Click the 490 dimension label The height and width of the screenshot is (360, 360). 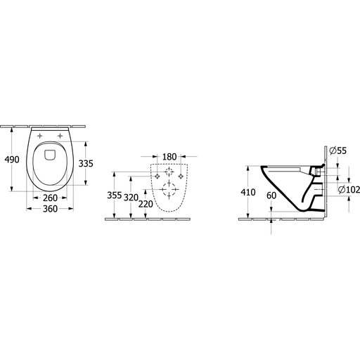(12, 160)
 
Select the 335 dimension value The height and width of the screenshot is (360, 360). (86, 163)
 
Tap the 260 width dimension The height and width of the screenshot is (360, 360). (50, 198)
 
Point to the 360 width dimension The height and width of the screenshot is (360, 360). (50, 209)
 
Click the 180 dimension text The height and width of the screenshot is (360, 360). (169, 157)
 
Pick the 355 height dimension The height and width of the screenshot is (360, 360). (115, 195)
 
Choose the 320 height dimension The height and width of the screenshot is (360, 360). (131, 198)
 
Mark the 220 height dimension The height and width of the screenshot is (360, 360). (146, 204)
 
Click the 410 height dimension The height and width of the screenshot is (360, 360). (248, 192)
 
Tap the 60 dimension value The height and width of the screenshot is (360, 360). (271, 195)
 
